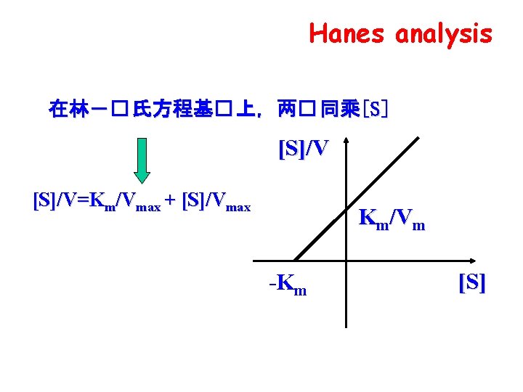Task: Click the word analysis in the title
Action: [444, 33]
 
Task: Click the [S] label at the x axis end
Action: [472, 283]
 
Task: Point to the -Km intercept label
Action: [288, 284]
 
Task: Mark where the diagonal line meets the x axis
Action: [296, 261]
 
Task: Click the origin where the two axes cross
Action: [346, 261]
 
